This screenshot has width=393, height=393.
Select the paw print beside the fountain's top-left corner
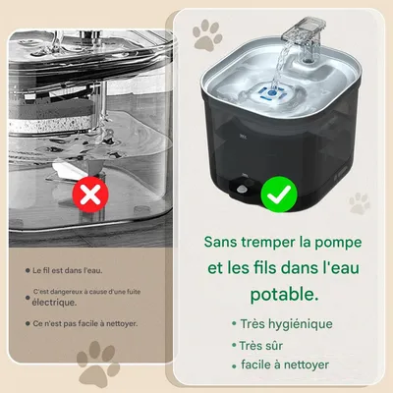click(x=206, y=38)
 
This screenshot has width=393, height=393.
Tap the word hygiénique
click(x=299, y=323)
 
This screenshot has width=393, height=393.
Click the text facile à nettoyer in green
click(x=285, y=365)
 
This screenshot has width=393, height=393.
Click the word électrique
click(x=54, y=303)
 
